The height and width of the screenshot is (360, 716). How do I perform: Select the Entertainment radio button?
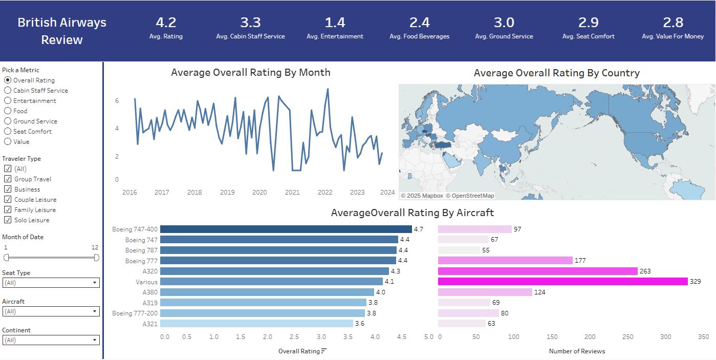point(8,101)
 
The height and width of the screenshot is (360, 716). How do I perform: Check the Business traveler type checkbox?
point(8,189)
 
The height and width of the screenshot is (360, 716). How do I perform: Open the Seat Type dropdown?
point(51,283)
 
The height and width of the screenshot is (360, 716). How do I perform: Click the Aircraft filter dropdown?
point(51,311)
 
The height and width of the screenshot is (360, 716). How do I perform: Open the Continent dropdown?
point(51,340)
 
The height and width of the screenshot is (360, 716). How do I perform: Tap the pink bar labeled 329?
point(562,282)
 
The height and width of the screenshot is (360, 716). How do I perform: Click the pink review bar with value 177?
point(505,261)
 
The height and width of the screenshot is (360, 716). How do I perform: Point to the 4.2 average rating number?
point(166,23)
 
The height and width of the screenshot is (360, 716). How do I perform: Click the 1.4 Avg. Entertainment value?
point(335,23)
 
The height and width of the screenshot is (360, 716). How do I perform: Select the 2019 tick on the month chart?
point(227,193)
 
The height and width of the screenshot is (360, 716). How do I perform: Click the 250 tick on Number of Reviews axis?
point(627,337)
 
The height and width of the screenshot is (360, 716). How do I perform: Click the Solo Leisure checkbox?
point(8,220)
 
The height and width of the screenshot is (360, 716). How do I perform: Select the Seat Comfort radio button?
point(8,132)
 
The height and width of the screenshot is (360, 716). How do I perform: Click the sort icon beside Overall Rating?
point(324,351)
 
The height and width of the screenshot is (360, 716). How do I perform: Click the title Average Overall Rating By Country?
point(556,73)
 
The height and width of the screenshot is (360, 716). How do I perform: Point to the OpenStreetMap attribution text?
point(470,196)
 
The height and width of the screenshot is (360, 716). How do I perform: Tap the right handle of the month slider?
point(97,258)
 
